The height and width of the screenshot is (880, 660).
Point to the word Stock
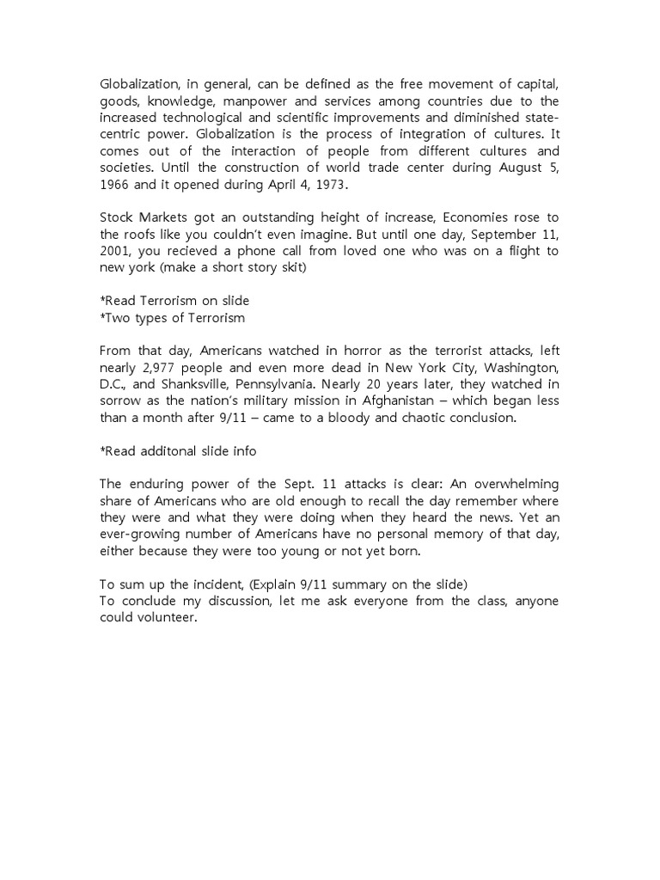coord(118,218)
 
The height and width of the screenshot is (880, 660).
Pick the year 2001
coord(116,251)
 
